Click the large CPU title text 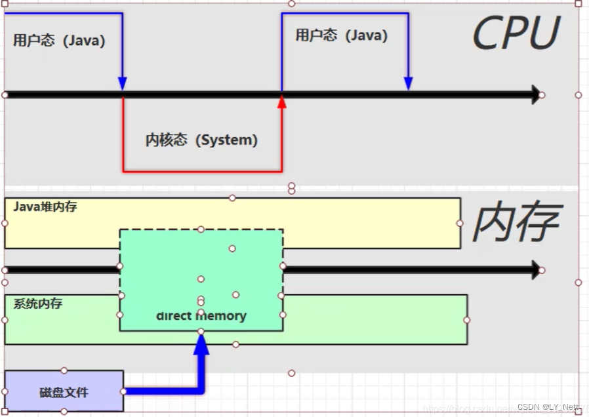pos(516,33)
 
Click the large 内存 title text pos(516,222)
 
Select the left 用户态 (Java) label pos(59,41)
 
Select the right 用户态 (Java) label pos(341,35)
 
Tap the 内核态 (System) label pos(201,140)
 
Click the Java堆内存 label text pos(45,207)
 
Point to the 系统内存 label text pos(38,304)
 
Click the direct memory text pos(201,316)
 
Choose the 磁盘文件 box pos(64,392)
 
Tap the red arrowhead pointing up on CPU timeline pos(282,102)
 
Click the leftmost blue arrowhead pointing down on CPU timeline pos(122,83)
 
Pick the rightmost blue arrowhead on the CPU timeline pos(408,83)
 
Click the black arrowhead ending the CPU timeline pos(535,94)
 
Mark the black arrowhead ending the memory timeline pos(535,269)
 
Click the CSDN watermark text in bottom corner pos(547,407)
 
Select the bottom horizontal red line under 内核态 pos(202,172)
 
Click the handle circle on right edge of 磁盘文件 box pos(123,391)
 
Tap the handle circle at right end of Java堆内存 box pos(460,223)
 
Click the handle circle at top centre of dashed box pos(201,229)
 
